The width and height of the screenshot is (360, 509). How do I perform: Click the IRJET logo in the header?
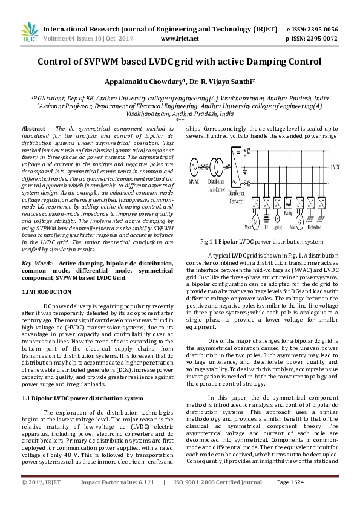[29, 33]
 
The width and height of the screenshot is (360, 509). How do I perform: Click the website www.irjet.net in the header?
[180, 38]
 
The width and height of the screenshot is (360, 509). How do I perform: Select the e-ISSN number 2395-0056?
[321, 29]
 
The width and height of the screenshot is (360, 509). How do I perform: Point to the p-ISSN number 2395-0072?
[321, 38]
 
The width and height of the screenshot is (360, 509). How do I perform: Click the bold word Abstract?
[33, 129]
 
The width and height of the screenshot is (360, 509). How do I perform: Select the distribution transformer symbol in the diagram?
[214, 165]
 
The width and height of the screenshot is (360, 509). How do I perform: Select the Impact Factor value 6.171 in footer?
[154, 500]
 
